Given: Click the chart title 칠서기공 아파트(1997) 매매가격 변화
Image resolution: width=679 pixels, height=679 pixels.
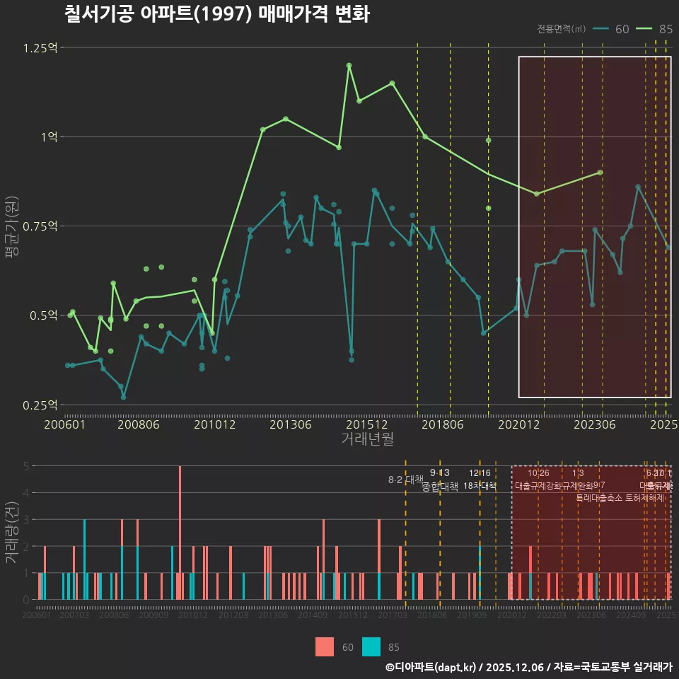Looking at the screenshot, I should click(x=216, y=14).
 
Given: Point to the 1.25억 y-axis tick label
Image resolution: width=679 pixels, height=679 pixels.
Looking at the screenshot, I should click(x=40, y=48).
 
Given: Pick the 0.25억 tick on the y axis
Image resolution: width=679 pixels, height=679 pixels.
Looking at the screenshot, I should click(x=40, y=405).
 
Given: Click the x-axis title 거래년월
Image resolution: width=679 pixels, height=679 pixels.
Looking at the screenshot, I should click(x=367, y=439).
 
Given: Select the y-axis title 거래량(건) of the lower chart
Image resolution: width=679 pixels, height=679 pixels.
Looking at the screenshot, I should click(x=12, y=533).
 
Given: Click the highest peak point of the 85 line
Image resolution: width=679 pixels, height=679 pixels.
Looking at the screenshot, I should click(x=349, y=65).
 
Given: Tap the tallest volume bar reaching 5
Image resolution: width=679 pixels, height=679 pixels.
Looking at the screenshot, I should click(x=180, y=532).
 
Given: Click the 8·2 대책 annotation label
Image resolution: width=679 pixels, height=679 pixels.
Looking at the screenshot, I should click(x=405, y=480).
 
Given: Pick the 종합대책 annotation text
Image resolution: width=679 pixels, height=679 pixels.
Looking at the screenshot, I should click(x=440, y=486).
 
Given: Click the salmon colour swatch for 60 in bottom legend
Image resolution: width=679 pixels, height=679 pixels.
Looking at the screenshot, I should click(x=325, y=646).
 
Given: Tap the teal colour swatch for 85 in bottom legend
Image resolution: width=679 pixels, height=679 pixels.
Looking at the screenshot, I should click(x=371, y=646).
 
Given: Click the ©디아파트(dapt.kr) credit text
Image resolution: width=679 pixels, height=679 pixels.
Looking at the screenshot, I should click(x=432, y=667).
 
